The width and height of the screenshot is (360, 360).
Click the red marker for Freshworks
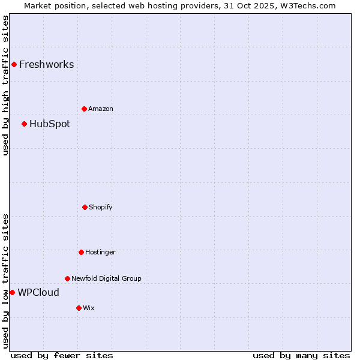pyautogui.click(x=14, y=64)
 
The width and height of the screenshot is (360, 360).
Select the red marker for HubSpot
pyautogui.click(x=24, y=124)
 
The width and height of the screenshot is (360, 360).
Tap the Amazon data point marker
pyautogui.click(x=84, y=109)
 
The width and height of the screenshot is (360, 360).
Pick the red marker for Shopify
pyautogui.click(x=85, y=207)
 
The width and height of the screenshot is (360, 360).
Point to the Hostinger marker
pyautogui.click(x=81, y=252)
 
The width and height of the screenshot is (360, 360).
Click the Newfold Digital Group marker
pyautogui.click(x=67, y=278)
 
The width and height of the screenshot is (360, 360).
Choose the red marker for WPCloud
pyautogui.click(x=12, y=292)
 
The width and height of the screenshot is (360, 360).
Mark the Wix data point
pyautogui.click(x=79, y=308)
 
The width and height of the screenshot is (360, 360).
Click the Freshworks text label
pyautogui.click(x=46, y=64)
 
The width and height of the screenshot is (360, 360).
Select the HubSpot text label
pyautogui.click(x=50, y=124)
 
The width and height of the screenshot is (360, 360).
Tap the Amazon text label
pyautogui.click(x=100, y=109)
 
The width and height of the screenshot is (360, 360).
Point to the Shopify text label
pyautogui.click(x=100, y=207)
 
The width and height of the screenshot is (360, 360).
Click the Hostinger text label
pyautogui.click(x=100, y=252)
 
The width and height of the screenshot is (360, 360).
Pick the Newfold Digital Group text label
pyautogui.click(x=106, y=278)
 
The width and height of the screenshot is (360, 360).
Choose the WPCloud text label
pyautogui.click(x=38, y=292)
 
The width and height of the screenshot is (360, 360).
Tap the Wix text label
pyautogui.click(x=88, y=308)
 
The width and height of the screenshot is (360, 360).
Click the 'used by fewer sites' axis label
pyautogui.click(x=62, y=355)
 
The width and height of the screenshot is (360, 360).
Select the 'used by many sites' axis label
pyautogui.click(x=301, y=355)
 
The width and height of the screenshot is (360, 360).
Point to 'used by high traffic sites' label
pyautogui.click(x=5, y=85)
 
